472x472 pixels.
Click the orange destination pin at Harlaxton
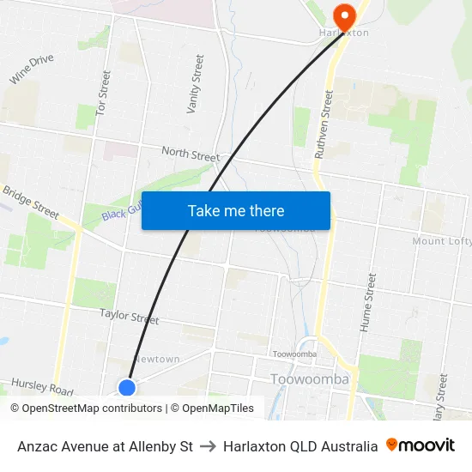[345, 15]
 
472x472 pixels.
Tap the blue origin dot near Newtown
[127, 387]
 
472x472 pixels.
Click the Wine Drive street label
[31, 70]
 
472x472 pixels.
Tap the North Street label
[190, 154]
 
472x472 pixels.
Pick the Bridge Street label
[30, 203]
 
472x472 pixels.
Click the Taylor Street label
[129, 317]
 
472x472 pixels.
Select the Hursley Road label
[42, 387]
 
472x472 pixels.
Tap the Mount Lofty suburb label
[441, 241]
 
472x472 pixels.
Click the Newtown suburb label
[157, 359]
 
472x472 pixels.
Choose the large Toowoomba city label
[309, 379]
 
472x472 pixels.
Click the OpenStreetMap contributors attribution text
[86, 408]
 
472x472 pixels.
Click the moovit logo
[421, 445]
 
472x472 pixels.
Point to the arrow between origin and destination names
[208, 446]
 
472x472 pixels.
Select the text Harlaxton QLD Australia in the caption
[300, 446]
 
